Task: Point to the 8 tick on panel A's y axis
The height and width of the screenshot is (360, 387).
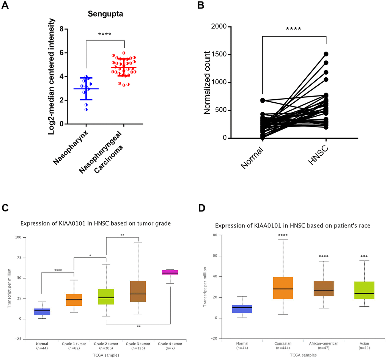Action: click(x=61, y=29)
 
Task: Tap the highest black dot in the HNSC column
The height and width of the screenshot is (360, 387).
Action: click(x=326, y=54)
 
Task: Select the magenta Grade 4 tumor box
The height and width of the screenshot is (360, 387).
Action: click(x=170, y=272)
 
